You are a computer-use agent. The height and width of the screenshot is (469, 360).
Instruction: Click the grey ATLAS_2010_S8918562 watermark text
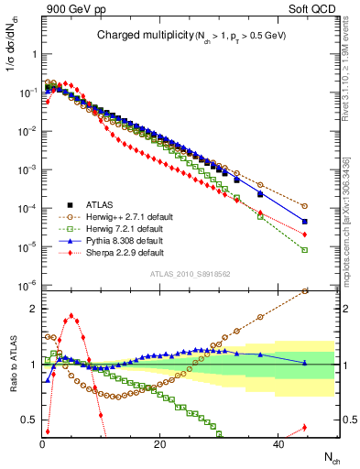point(189,274)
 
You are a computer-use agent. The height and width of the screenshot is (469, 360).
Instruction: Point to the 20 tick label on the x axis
point(159,444)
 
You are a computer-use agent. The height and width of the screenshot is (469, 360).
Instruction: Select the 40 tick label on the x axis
point(277,444)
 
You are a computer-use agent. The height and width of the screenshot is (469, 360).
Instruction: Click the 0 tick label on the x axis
point(42,444)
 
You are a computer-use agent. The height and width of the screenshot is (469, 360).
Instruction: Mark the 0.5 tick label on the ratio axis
point(30,420)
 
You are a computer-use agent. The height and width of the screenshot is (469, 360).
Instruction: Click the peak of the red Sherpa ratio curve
point(71,316)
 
